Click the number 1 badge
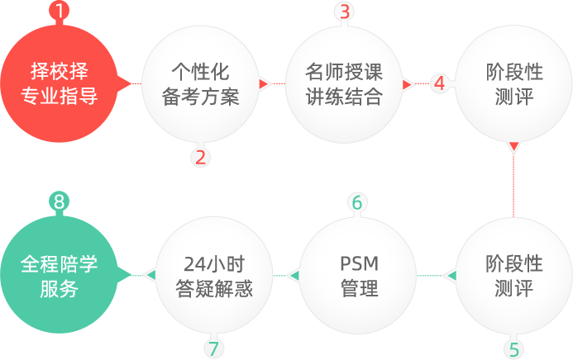[x=60, y=12]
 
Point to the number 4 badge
[x=440, y=83]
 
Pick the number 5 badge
[x=513, y=348]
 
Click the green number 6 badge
[x=356, y=202]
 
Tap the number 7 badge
[x=213, y=348]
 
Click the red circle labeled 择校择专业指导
[x=60, y=84]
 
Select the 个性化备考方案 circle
[x=202, y=84]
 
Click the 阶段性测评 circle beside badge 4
[x=513, y=84]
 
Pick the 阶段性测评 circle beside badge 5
[x=513, y=275]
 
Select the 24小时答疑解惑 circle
[x=214, y=275]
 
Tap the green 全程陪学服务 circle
[x=60, y=275]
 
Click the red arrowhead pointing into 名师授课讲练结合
[x=265, y=83]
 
